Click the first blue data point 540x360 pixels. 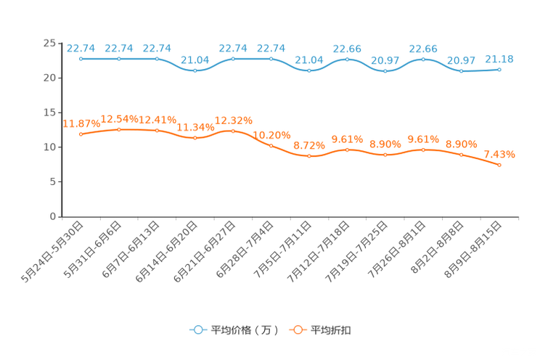coord(81,58)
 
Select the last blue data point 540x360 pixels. coord(499,69)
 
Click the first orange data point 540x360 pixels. coord(81,134)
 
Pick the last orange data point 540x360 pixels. coord(499,165)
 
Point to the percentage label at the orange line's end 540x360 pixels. coord(499,154)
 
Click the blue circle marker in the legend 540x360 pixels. coord(197,330)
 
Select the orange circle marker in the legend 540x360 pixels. coord(298,330)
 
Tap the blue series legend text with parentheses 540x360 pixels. coord(243,330)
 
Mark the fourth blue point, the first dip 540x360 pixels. coord(195,70)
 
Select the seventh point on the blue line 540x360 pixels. coord(309,70)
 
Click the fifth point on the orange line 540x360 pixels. coord(233,131)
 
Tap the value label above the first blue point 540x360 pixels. coord(81,47)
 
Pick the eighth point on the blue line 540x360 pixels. coord(348,59)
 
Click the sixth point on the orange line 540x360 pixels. coord(271,145)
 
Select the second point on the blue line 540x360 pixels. coord(119,58)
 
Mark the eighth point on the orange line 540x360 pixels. coord(348,150)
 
